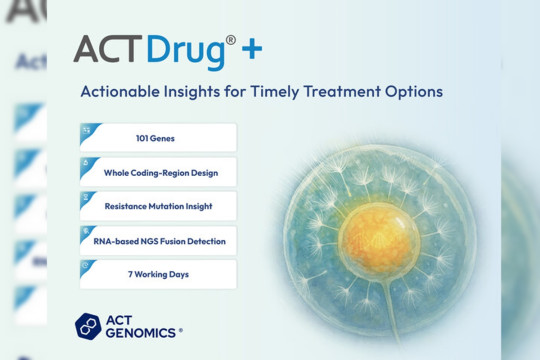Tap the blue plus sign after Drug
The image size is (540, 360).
(x=253, y=48)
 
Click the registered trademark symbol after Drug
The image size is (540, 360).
(x=230, y=41)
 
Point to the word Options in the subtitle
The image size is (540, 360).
(x=413, y=92)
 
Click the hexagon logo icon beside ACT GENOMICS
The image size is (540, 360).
(x=88, y=326)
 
